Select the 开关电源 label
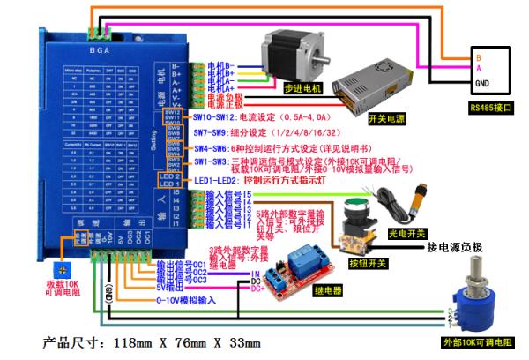[x=387, y=116]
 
